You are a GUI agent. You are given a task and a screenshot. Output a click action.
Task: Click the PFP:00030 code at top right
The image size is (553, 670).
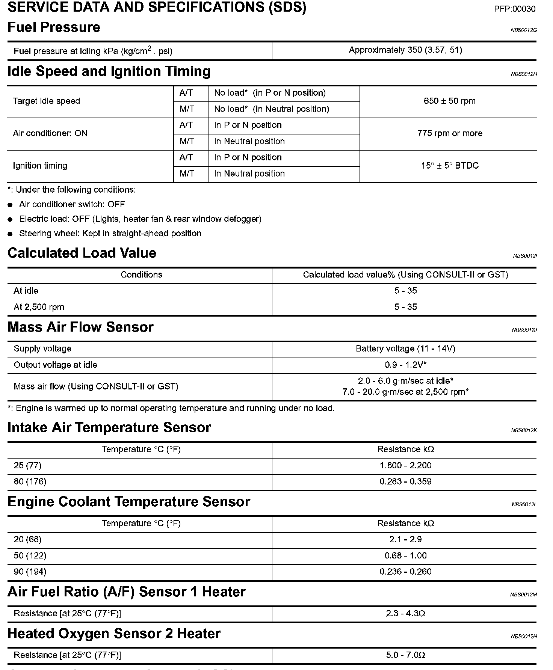click(x=514, y=9)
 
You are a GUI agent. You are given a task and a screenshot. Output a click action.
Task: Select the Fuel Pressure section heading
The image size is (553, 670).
click(x=54, y=27)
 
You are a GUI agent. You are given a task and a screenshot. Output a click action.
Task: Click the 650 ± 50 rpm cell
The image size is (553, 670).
click(x=449, y=101)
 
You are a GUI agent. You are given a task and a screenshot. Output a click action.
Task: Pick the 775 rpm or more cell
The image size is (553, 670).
click(x=449, y=133)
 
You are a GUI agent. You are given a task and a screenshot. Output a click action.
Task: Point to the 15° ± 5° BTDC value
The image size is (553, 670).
click(x=449, y=166)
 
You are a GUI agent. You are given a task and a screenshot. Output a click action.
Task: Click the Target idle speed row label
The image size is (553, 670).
click(x=47, y=101)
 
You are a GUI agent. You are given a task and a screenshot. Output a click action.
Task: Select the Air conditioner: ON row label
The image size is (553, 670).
click(x=50, y=133)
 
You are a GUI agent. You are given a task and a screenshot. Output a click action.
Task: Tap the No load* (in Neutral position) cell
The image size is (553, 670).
click(x=271, y=109)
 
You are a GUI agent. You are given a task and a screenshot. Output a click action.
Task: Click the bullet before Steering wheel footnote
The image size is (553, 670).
click(x=11, y=234)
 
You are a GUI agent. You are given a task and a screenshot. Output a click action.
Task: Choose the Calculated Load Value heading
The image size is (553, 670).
click(x=82, y=253)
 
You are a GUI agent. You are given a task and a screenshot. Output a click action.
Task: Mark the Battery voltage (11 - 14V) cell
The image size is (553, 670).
click(x=405, y=349)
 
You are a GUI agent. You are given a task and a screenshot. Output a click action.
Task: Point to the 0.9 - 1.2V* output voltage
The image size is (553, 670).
click(x=405, y=365)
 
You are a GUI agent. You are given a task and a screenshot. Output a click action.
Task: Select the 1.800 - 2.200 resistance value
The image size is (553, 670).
click(x=405, y=465)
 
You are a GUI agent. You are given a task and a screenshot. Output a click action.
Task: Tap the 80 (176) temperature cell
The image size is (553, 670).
click(x=30, y=481)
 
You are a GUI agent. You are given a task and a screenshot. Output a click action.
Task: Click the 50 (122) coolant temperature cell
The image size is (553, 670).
click(x=30, y=555)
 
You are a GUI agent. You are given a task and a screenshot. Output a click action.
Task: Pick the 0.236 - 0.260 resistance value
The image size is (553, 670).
click(x=405, y=572)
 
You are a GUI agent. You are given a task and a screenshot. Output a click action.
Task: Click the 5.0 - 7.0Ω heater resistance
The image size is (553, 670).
click(x=405, y=655)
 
